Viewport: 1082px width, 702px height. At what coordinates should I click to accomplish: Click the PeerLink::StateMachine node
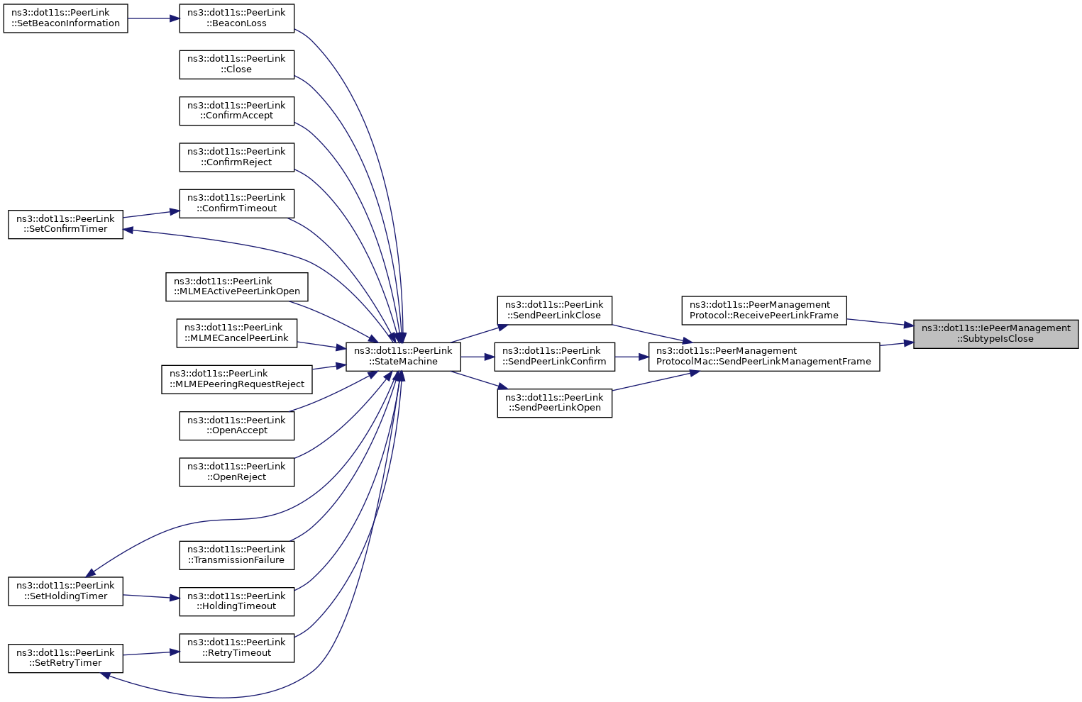(x=403, y=357)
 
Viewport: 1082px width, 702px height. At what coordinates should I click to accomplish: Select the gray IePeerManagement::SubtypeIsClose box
(x=995, y=334)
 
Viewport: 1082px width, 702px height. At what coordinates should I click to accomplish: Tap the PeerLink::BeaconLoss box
(x=236, y=18)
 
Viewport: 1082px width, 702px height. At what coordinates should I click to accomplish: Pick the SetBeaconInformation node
(x=65, y=18)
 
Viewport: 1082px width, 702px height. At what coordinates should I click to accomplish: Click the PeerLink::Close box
(x=236, y=65)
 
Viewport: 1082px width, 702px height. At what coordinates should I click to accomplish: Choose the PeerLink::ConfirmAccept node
(x=236, y=111)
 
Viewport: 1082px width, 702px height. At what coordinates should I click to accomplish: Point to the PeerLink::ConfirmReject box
(x=236, y=157)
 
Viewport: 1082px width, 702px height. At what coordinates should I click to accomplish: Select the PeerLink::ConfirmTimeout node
(x=236, y=204)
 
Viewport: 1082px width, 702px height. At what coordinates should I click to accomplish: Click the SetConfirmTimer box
(x=65, y=224)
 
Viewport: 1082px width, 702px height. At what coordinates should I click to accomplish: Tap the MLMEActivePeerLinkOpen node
(x=236, y=286)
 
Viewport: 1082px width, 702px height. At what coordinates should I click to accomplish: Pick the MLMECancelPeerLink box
(x=236, y=333)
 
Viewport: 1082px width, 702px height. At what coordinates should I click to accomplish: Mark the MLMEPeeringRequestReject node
(x=236, y=379)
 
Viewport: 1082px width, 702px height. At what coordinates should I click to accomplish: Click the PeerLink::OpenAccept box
(x=236, y=425)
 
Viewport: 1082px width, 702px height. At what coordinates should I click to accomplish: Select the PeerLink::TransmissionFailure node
(x=236, y=555)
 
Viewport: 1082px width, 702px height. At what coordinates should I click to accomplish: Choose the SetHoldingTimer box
(x=65, y=591)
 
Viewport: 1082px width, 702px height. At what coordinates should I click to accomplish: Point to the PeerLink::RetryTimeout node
(x=236, y=648)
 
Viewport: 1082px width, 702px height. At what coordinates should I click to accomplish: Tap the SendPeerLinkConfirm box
(x=554, y=357)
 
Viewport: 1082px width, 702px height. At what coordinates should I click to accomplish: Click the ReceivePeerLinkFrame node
(x=764, y=311)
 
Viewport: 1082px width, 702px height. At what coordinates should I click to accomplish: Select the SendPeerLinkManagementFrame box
(x=764, y=357)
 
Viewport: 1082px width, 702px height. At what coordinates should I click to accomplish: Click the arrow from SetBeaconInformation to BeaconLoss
(x=153, y=18)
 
